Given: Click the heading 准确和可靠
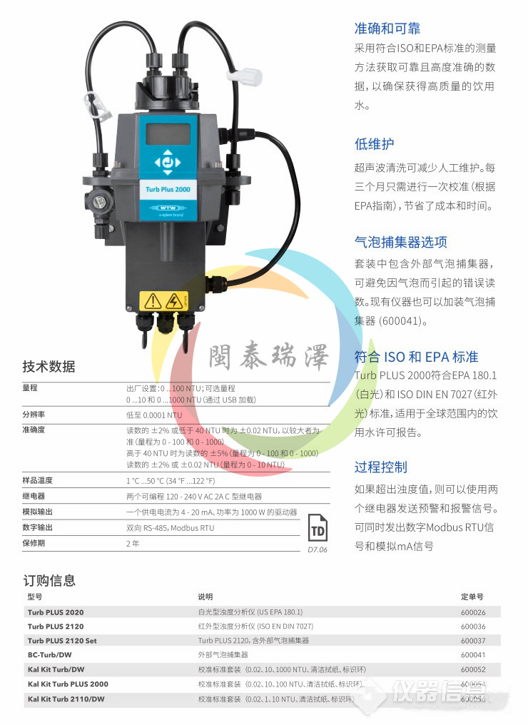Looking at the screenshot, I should (387, 29).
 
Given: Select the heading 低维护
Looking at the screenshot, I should (374, 143).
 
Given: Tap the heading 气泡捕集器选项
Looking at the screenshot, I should (401, 242).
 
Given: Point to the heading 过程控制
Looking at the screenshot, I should (381, 467).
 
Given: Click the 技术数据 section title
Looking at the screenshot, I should (49, 367).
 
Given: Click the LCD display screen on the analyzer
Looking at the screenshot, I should (168, 133).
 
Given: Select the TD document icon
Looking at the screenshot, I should (318, 530).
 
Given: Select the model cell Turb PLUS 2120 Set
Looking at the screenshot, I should (62, 641).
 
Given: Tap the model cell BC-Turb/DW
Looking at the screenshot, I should (49, 655).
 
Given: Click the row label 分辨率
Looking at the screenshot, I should (34, 415).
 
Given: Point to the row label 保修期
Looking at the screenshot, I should (34, 543).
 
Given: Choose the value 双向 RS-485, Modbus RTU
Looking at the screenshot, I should (170, 528).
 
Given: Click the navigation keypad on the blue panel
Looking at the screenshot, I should (168, 162).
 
